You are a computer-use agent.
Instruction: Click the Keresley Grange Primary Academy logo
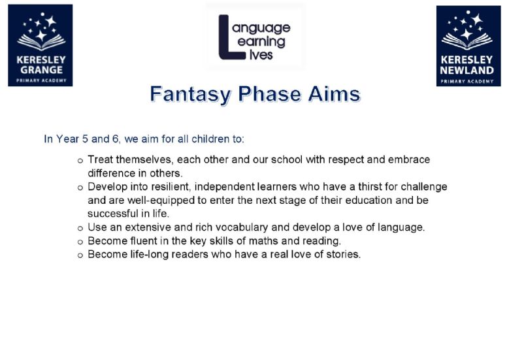tap(41, 46)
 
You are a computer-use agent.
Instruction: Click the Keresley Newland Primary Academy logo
tap(468, 46)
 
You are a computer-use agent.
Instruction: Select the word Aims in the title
tap(335, 94)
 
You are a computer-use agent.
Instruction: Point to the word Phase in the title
tap(269, 94)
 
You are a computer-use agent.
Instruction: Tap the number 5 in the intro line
tap(85, 139)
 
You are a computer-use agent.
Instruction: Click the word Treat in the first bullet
tap(101, 159)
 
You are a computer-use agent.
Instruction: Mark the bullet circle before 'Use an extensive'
tap(80, 229)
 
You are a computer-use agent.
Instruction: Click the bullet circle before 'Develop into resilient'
tap(80, 188)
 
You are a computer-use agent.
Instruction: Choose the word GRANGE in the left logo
tap(41, 70)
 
